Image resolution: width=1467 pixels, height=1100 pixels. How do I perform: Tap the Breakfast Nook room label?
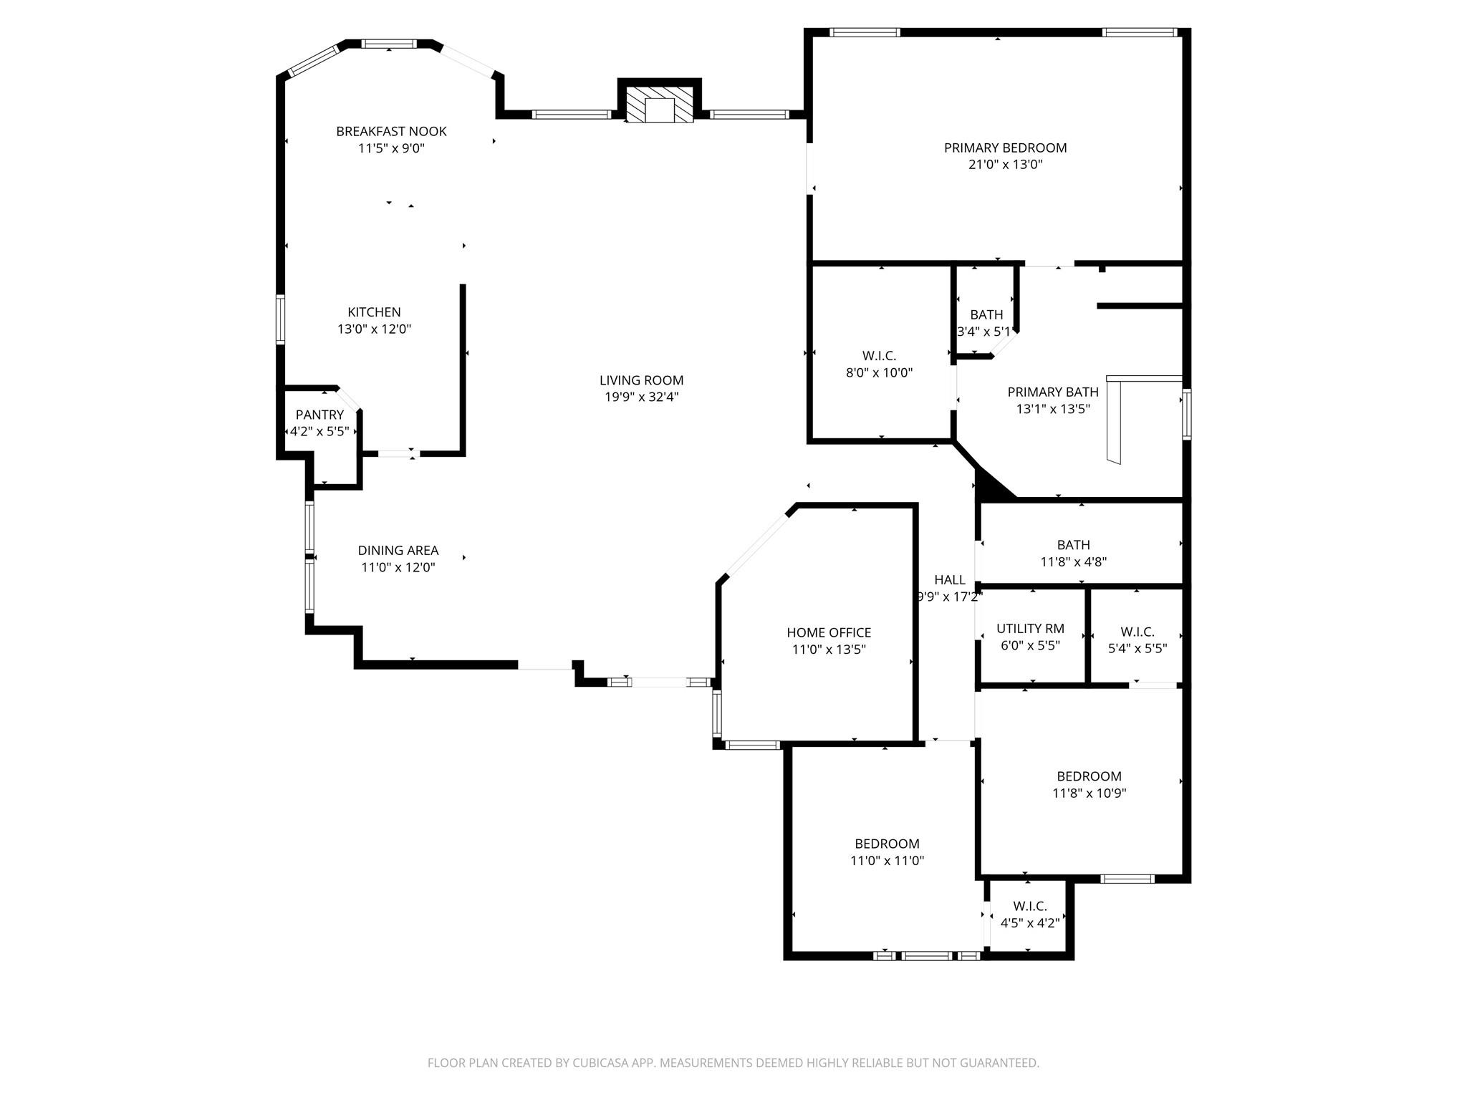pyautogui.click(x=391, y=131)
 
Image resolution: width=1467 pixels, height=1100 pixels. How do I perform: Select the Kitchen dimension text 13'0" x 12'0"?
pyautogui.click(x=374, y=329)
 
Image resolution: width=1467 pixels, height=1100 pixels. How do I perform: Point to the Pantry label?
pyautogui.click(x=319, y=415)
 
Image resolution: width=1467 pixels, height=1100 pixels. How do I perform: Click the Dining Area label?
pyautogui.click(x=398, y=550)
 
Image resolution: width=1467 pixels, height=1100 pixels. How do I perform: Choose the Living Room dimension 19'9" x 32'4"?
pyautogui.click(x=641, y=397)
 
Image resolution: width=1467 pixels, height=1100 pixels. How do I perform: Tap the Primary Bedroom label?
pyautogui.click(x=1005, y=148)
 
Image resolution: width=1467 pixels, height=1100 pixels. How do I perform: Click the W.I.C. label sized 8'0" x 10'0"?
pyautogui.click(x=879, y=356)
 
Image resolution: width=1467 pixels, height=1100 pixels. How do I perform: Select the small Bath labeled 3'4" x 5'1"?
pyautogui.click(x=986, y=315)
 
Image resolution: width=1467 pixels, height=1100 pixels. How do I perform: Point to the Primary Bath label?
pyautogui.click(x=1052, y=392)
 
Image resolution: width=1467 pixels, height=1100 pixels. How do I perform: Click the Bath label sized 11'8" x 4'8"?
pyautogui.click(x=1073, y=545)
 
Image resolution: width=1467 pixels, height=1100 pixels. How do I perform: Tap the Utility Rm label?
pyautogui.click(x=1030, y=629)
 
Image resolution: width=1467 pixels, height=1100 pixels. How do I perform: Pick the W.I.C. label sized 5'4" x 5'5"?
pyautogui.click(x=1137, y=632)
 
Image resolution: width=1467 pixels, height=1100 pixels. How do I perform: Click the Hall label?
pyautogui.click(x=949, y=580)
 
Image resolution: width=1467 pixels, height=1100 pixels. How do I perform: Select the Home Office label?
pyautogui.click(x=829, y=632)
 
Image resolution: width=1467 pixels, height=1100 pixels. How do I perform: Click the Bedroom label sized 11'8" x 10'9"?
pyautogui.click(x=1089, y=776)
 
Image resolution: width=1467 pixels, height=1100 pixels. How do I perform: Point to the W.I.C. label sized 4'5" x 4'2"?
pyautogui.click(x=1030, y=907)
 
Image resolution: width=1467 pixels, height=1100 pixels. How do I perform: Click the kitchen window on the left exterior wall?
pyautogui.click(x=281, y=319)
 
